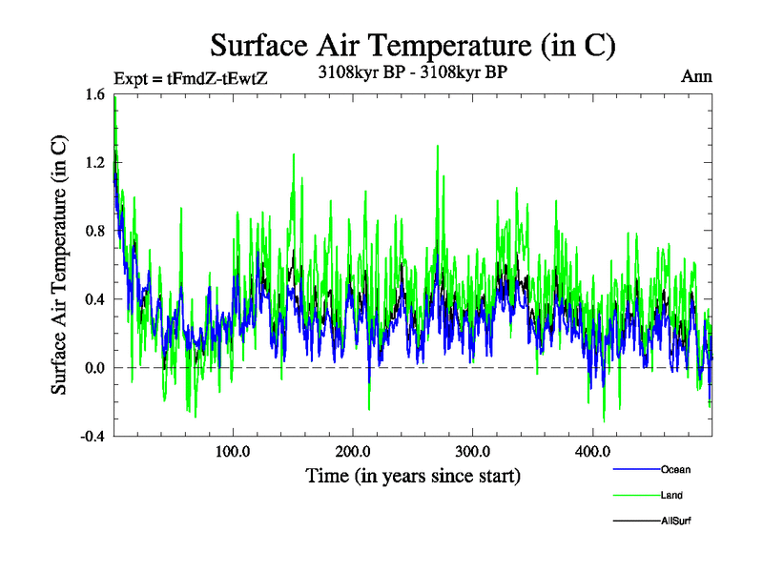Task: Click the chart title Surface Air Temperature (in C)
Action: (413, 45)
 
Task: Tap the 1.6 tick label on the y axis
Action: (93, 94)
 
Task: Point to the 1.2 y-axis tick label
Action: (93, 163)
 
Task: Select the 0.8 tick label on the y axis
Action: (93, 231)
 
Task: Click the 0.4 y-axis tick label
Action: (93, 299)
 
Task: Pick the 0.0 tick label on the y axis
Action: (93, 368)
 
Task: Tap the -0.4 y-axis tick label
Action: (92, 436)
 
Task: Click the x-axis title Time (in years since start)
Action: (412, 475)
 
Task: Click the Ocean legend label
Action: (675, 469)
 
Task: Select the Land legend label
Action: (671, 495)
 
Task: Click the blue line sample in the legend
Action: (635, 469)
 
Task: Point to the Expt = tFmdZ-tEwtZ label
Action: (191, 79)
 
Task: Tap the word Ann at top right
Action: (696, 76)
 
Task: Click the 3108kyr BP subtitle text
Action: (411, 71)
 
